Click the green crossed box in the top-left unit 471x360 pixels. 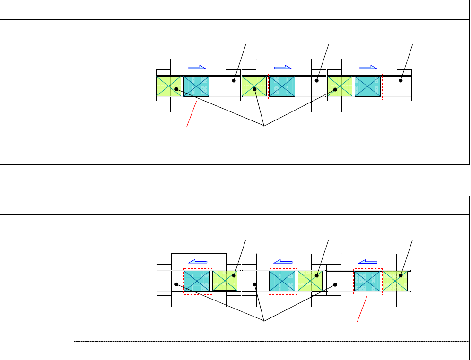168,86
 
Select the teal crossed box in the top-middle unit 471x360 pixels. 282,86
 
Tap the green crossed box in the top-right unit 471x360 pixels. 340,86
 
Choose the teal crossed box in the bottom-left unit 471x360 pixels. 197,281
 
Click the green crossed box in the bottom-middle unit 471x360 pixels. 310,281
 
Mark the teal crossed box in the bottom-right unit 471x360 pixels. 367,281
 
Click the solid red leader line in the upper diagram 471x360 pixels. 192,113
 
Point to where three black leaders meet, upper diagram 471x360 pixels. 263,126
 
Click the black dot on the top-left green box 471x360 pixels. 176,89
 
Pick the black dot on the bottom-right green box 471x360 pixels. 401,275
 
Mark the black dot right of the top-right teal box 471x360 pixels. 401,80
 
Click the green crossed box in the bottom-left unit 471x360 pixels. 225,281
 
